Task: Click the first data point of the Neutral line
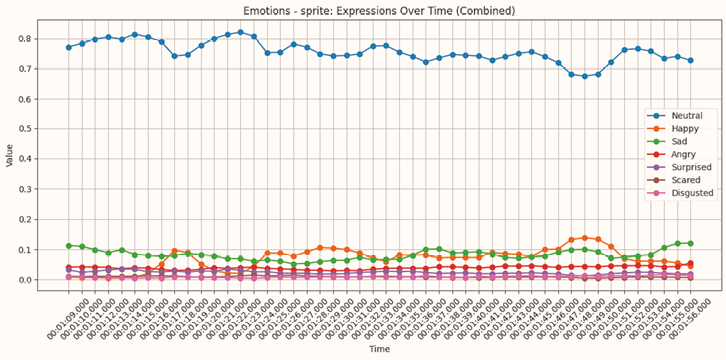pyautogui.click(x=69, y=47)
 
